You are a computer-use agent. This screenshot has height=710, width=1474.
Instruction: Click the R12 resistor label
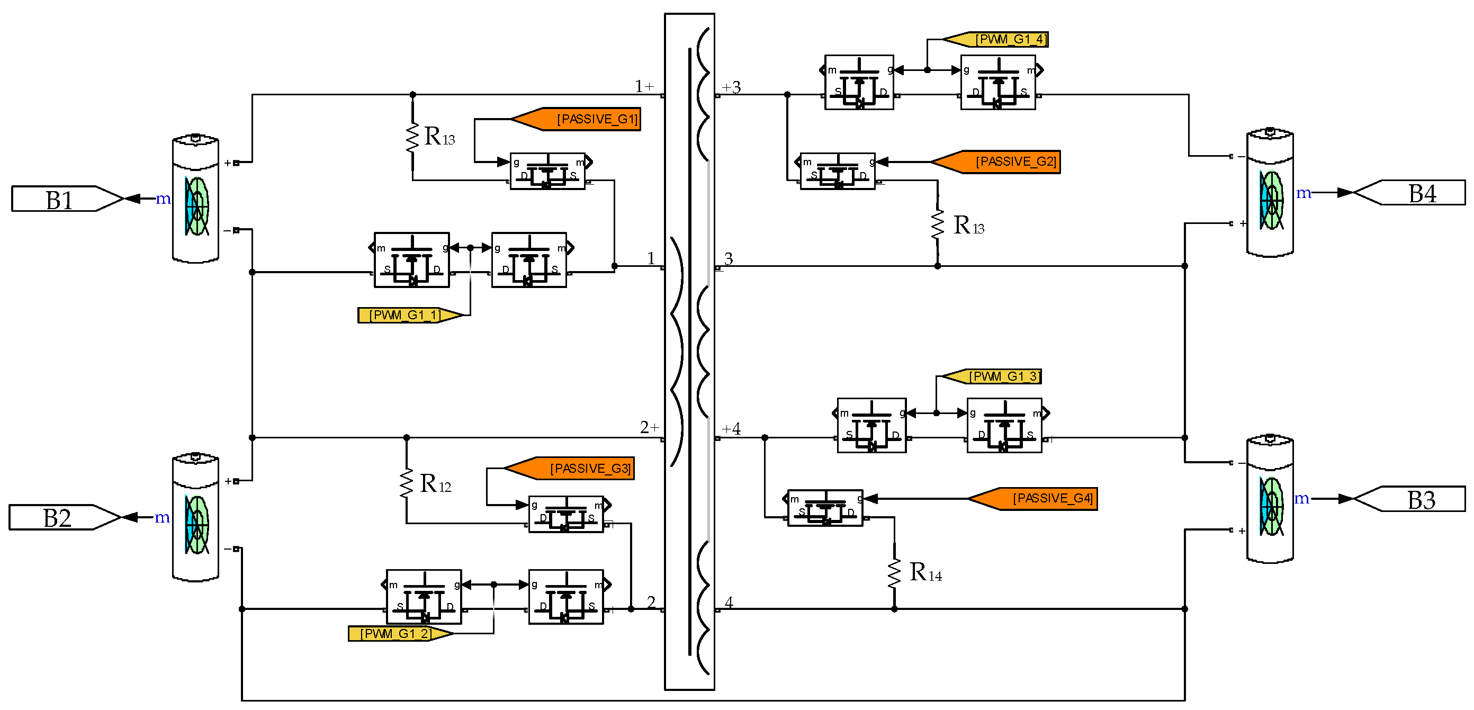click(435, 484)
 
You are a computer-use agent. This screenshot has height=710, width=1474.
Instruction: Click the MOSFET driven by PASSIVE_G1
click(548, 171)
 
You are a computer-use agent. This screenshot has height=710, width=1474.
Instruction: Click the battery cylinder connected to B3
click(1270, 499)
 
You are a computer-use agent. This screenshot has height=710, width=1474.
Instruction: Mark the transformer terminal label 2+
click(650, 427)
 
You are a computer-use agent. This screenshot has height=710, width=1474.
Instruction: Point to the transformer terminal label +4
click(731, 429)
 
